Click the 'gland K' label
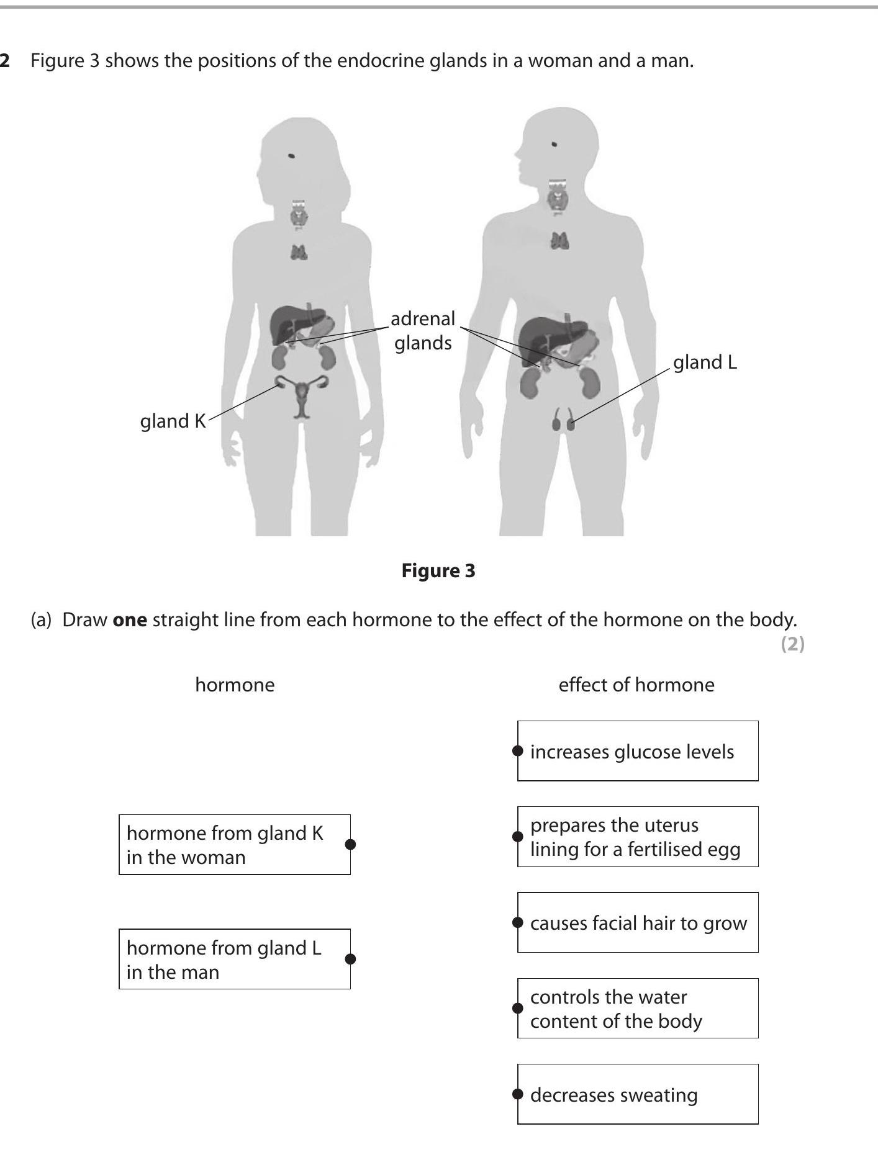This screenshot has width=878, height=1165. click(173, 421)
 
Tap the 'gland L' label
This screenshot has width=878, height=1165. click(705, 362)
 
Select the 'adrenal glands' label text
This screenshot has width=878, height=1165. click(423, 330)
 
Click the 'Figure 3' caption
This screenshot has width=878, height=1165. click(438, 570)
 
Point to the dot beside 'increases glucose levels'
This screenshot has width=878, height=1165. click(517, 750)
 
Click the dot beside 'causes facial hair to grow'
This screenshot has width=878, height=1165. click(517, 922)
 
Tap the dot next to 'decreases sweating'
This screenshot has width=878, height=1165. click(517, 1094)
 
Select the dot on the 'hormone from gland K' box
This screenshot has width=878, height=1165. click(350, 844)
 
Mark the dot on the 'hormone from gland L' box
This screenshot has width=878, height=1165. click(350, 959)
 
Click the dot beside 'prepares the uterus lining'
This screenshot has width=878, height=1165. click(517, 836)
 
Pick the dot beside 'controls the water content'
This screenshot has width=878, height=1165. click(517, 1007)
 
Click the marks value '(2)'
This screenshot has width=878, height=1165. click(792, 644)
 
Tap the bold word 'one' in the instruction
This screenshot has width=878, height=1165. click(130, 620)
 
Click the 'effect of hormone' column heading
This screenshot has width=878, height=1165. click(636, 685)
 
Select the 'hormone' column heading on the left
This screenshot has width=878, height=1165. click(235, 685)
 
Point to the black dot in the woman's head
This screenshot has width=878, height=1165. click(291, 156)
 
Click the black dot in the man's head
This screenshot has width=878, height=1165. click(554, 145)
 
